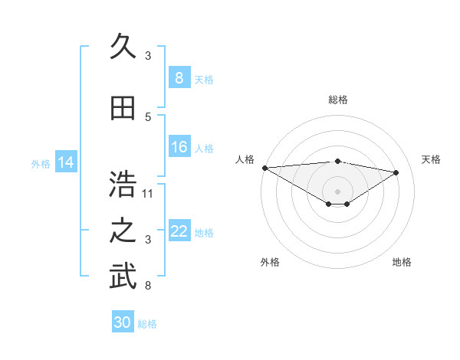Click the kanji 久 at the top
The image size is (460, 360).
coord(123,48)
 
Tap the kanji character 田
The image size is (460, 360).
coord(123,110)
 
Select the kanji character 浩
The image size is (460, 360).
coord(123,184)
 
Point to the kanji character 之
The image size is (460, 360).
coord(123,231)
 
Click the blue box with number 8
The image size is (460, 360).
coord(179,78)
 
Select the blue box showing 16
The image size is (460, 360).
coord(179,147)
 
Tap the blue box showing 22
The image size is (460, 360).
coord(179,231)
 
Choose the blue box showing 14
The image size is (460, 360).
coord(66,162)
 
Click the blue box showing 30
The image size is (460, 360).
coord(123,322)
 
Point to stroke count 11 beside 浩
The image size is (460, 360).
coord(149,193)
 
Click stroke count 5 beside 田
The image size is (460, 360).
coord(148,117)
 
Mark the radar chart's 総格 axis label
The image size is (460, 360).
coord(337,100)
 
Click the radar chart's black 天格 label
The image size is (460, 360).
coord(432,159)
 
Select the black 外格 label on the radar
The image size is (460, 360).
coord(270,262)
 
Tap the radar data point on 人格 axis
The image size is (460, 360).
coord(264,168)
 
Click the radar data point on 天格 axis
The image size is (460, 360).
coord(396,172)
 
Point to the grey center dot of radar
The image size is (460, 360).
coord(337,190)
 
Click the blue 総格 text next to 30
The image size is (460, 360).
coord(147,324)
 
